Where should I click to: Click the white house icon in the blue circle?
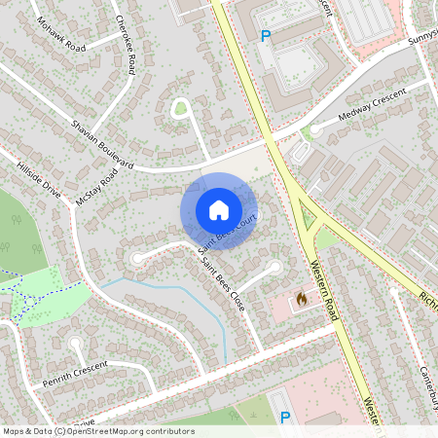pos(218,209)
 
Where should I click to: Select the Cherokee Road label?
pos(125,45)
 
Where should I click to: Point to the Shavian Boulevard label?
pos(102,138)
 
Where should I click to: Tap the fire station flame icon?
pos(302,299)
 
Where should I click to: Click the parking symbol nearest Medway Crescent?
pos(266,36)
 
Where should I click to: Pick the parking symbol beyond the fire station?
pos(285,417)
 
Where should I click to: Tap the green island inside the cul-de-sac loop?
pos(179,108)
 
